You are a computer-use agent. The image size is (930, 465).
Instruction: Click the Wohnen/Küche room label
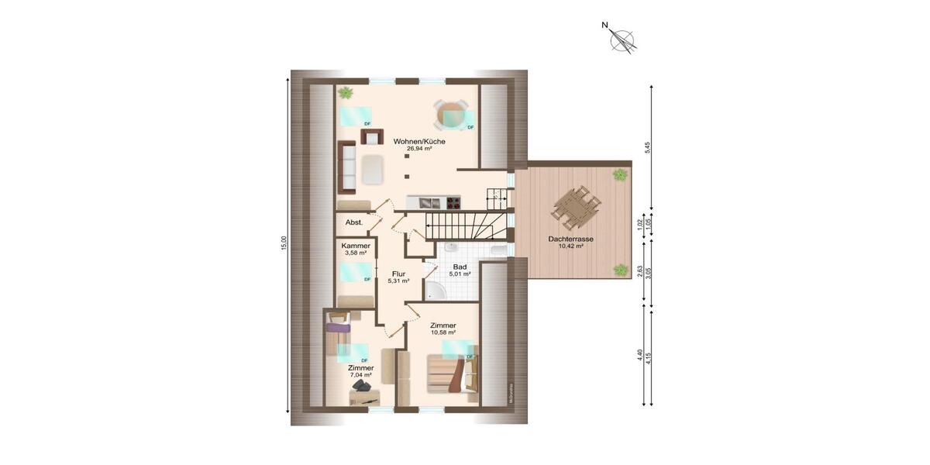pos(418,141)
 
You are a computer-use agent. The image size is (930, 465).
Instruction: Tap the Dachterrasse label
pos(570,239)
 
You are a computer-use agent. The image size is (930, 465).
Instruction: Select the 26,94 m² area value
pos(418,149)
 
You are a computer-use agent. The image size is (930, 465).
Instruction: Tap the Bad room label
pos(459,266)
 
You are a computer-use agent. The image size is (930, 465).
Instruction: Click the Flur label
pos(399,274)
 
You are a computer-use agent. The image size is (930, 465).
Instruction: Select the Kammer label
pos(356,246)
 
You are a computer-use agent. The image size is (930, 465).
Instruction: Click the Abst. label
pos(354,222)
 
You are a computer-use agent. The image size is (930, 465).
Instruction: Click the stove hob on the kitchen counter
pos(452,202)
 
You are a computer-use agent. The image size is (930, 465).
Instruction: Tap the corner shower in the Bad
pos(435,290)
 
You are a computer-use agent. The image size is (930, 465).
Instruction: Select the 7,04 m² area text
pos(360,375)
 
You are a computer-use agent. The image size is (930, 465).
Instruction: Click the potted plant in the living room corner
pos(345,93)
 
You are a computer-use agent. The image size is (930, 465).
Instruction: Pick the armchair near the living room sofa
pos(371,137)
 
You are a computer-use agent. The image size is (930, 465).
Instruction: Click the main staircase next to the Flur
pos(461,226)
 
